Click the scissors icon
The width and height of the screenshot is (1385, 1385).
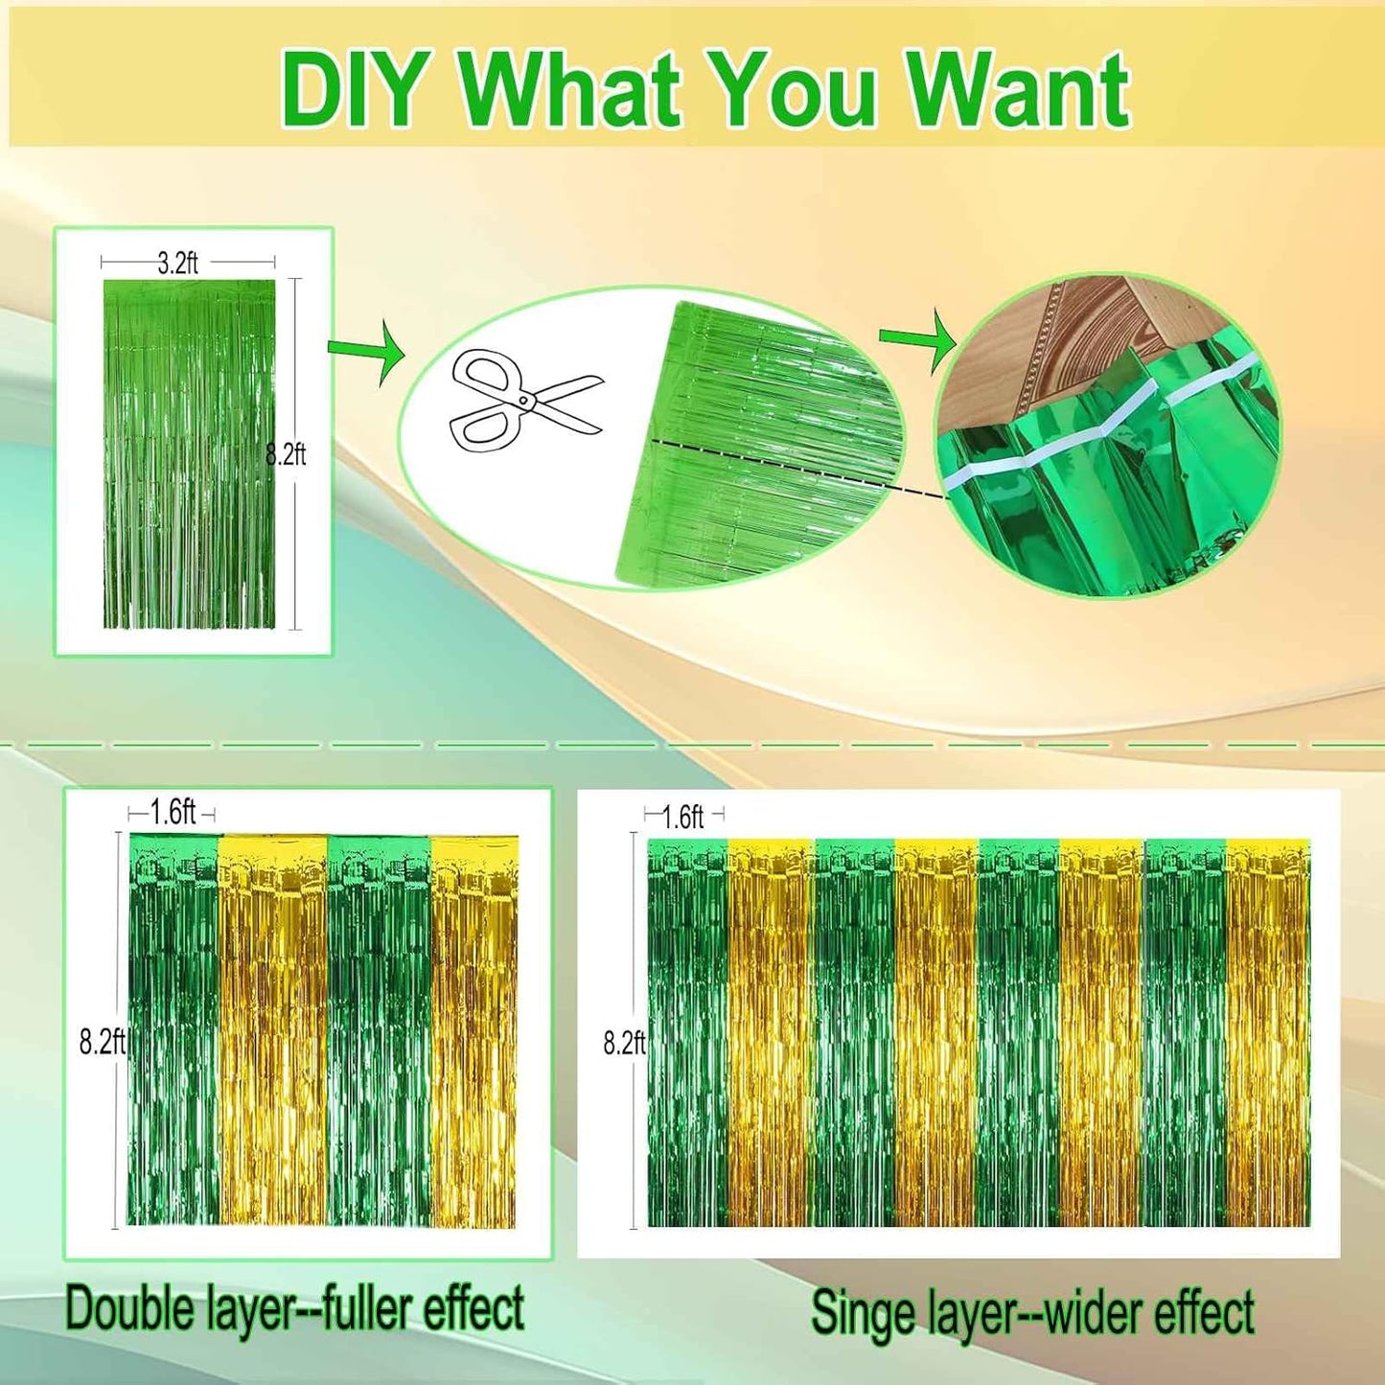522,401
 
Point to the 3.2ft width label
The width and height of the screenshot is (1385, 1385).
178,264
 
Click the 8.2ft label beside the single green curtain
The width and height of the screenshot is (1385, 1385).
287,454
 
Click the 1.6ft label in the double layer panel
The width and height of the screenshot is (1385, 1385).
173,813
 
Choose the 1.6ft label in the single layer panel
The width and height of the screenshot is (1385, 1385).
683,817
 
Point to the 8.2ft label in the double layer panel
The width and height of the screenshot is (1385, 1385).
102,1042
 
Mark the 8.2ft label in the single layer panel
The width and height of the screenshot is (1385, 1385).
624,1043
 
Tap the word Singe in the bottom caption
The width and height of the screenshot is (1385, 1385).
863,1313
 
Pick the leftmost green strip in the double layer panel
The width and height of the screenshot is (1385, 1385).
173,1030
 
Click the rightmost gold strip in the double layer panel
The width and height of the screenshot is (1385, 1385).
473,1030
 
